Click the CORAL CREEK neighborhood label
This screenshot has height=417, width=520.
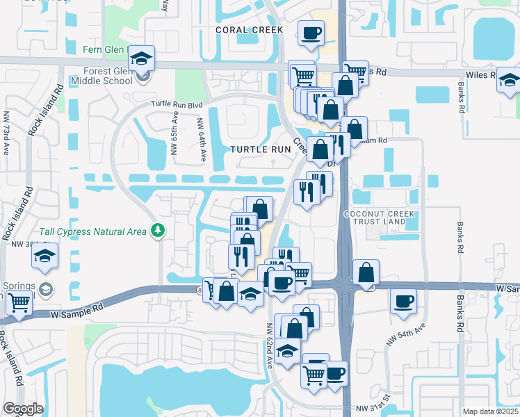click(x=249, y=30)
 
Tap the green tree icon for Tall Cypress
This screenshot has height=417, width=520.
click(x=159, y=230)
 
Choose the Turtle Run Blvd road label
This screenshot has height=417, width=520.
click(x=177, y=104)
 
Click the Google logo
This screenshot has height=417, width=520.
click(x=23, y=409)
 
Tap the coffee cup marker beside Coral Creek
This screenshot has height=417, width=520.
click(x=311, y=33)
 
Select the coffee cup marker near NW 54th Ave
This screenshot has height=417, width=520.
click(x=404, y=302)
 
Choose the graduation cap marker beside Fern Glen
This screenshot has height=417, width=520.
click(x=141, y=58)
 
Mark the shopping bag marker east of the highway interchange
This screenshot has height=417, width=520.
click(x=366, y=272)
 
